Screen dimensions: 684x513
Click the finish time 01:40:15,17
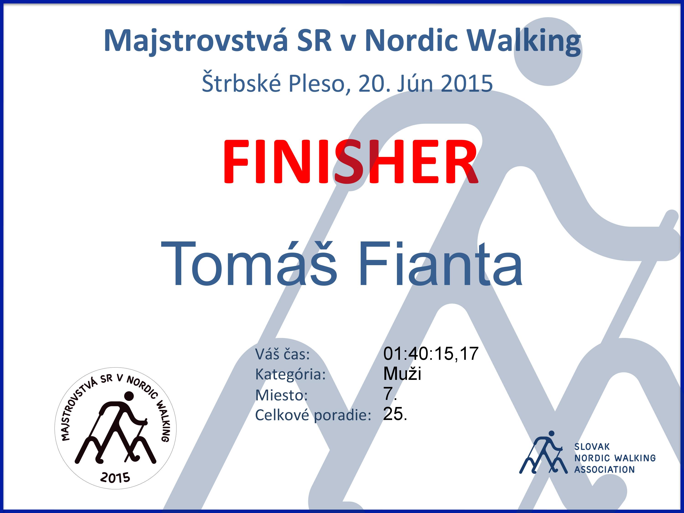pos(431,354)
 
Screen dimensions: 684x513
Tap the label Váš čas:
pos(282,354)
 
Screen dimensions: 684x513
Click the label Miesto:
pos(281,395)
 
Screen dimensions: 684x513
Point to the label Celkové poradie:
pos(313,415)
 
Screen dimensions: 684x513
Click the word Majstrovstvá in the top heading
pos(196,41)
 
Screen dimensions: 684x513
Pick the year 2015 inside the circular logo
pos(115,478)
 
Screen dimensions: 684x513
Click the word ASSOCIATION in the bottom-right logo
pos(604,470)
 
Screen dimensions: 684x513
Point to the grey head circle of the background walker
pos(548,51)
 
